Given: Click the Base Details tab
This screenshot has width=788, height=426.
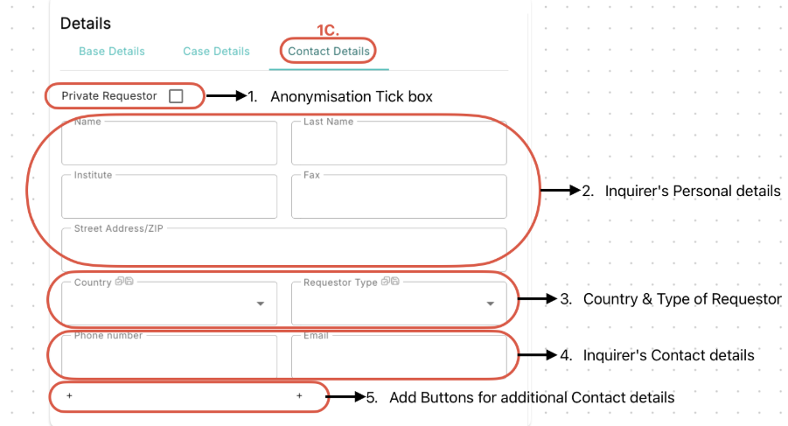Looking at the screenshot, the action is click(x=112, y=52).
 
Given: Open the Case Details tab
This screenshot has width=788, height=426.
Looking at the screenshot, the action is click(x=216, y=52).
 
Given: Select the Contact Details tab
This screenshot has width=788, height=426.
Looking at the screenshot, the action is click(x=329, y=52).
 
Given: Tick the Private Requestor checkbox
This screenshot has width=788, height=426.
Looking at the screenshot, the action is click(x=176, y=96).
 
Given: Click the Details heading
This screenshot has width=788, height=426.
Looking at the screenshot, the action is click(x=86, y=24).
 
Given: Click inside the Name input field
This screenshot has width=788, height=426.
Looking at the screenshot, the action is click(x=169, y=143).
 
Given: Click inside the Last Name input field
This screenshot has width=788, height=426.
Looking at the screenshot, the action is click(x=399, y=143).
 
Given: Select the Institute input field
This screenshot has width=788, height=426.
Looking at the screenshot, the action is click(x=169, y=197).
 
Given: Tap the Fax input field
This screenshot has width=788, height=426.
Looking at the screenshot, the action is click(x=399, y=197).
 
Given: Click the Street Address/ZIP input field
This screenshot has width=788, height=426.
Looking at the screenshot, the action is click(x=284, y=249).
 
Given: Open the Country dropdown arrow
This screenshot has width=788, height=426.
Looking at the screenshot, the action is click(x=261, y=304).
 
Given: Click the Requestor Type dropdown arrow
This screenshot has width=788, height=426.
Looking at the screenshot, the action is click(x=490, y=304).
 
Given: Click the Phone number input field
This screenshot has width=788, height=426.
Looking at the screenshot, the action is click(x=169, y=357).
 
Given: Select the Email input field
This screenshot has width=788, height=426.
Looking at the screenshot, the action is click(x=399, y=357).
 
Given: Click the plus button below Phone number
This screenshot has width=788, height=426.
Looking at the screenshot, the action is click(x=69, y=396).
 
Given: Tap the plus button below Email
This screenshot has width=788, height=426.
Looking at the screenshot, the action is click(x=299, y=396).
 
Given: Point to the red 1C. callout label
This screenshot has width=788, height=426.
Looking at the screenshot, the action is click(x=328, y=30).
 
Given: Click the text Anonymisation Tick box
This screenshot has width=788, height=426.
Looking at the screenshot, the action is click(x=352, y=96).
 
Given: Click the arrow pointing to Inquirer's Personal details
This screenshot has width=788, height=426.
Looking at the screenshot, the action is click(x=561, y=191).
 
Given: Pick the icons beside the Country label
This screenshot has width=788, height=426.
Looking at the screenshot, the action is click(x=124, y=282).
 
